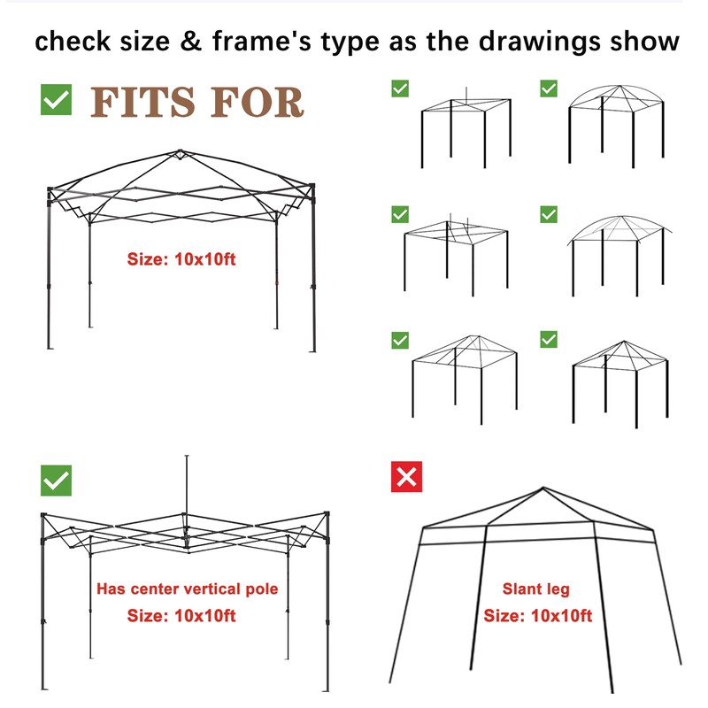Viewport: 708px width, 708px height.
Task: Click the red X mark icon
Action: coord(406,476)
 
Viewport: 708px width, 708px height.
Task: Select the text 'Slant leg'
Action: coord(536,589)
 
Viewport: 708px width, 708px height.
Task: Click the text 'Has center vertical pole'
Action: coord(187,589)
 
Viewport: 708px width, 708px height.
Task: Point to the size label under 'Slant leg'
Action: coord(537,616)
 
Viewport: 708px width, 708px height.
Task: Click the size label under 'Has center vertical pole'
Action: coord(181,616)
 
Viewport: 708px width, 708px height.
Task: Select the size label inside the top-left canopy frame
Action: coord(181,259)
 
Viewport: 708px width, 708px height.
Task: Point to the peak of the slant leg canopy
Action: coord(540,489)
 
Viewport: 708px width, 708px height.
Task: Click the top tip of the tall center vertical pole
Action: coord(186,458)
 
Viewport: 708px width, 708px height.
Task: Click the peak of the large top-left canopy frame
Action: coord(180,152)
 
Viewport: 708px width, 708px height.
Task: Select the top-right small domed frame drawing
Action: coord(616,124)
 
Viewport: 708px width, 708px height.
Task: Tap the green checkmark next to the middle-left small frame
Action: coord(400,214)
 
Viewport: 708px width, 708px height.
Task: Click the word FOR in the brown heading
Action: coord(258,102)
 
